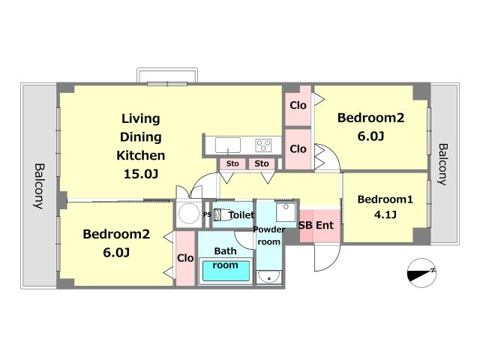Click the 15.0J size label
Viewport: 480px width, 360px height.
pyautogui.click(x=141, y=174)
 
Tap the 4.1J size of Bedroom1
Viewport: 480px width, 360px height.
pyautogui.click(x=385, y=214)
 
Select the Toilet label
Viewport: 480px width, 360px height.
pyautogui.click(x=241, y=215)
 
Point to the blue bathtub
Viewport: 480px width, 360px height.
pyautogui.click(x=226, y=271)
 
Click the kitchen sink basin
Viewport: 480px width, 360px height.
pyautogui.click(x=228, y=145)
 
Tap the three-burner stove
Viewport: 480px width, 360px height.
pyautogui.click(x=263, y=145)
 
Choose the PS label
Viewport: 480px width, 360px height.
pyautogui.click(x=207, y=214)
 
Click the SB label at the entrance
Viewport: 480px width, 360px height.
pyautogui.click(x=305, y=225)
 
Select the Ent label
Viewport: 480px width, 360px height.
pyautogui.click(x=325, y=225)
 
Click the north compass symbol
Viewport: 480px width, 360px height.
pyautogui.click(x=421, y=273)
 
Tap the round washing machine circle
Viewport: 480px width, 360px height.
pyautogui.click(x=189, y=214)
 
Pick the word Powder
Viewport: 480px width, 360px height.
pyautogui.click(x=269, y=229)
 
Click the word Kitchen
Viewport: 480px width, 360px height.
pyautogui.click(x=141, y=155)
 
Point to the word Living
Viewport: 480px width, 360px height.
pyautogui.click(x=141, y=119)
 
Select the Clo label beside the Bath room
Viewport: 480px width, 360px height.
pyautogui.click(x=185, y=258)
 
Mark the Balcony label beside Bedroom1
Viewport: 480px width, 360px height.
pyautogui.click(x=442, y=164)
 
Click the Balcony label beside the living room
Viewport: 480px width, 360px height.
pyautogui.click(x=39, y=186)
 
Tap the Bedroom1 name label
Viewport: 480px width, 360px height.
pyautogui.click(x=385, y=199)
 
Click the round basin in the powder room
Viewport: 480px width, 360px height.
pyautogui.click(x=268, y=277)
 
